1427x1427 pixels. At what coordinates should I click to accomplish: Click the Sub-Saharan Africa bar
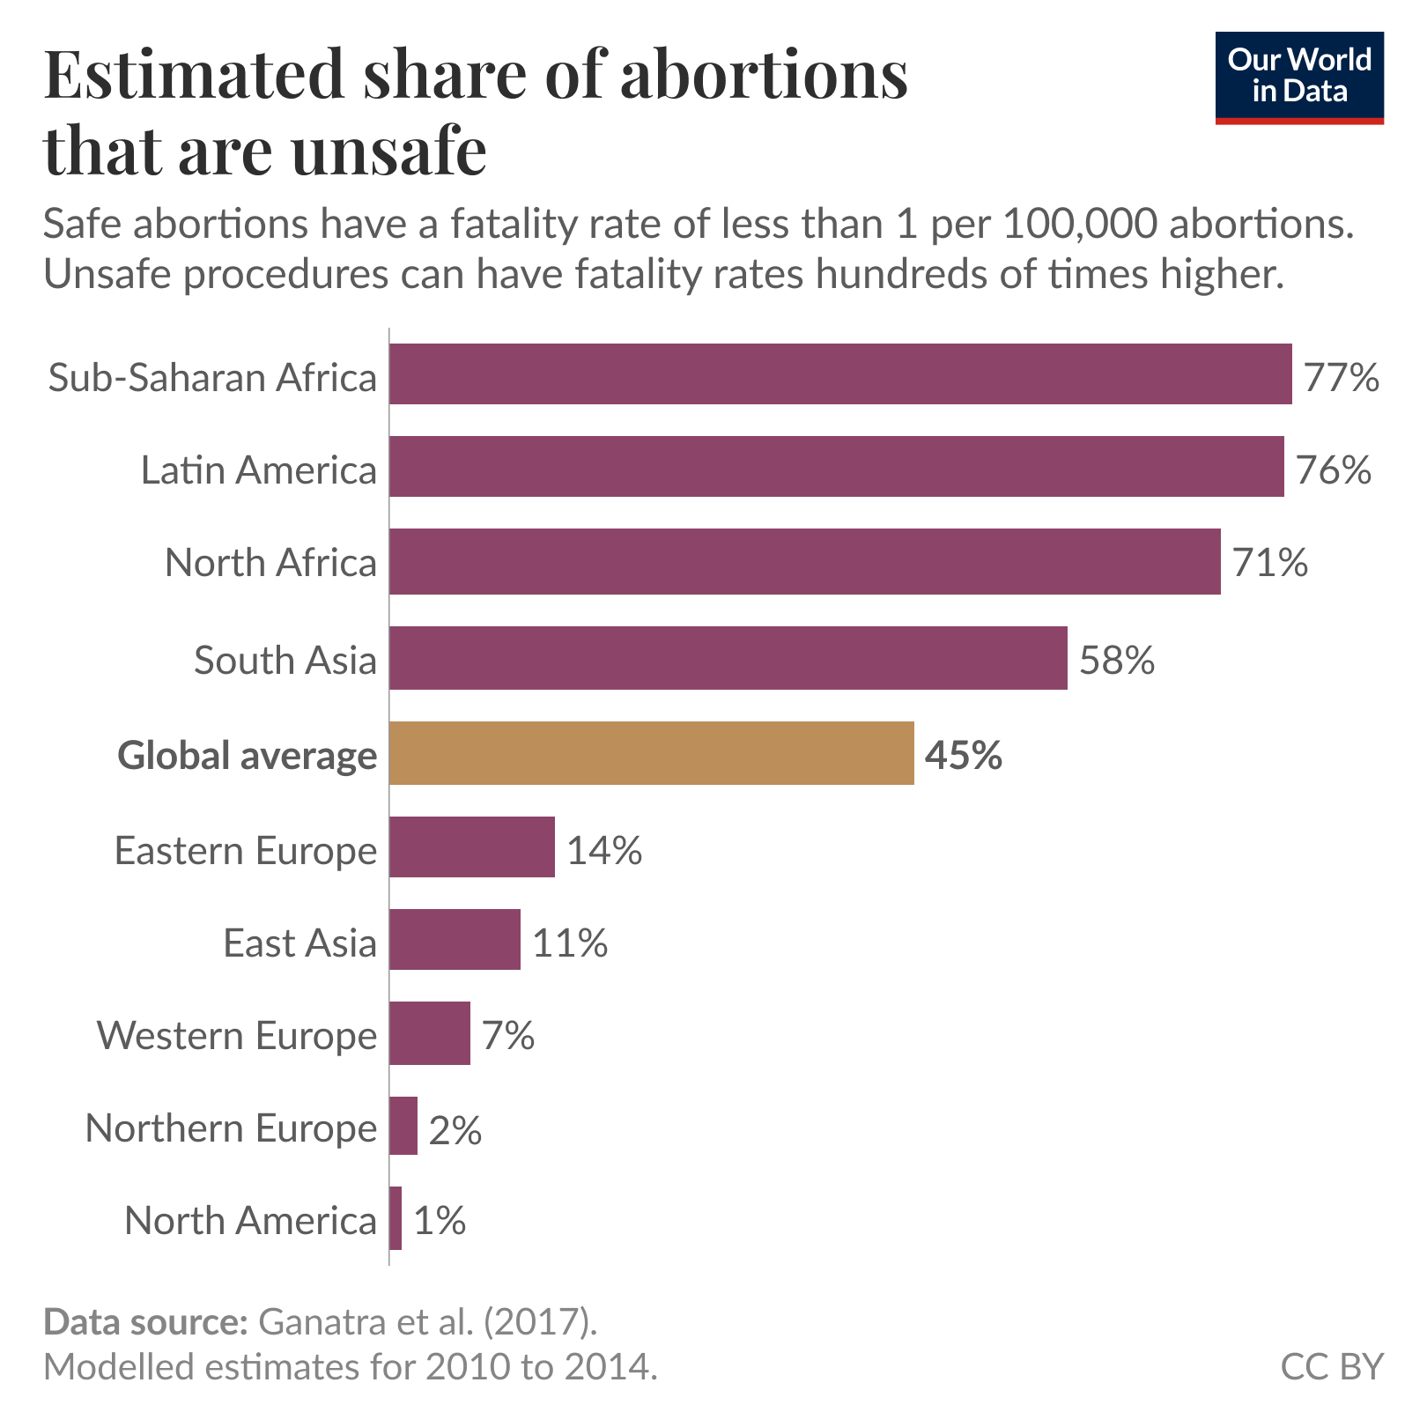840,374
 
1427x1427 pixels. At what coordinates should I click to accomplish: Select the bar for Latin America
837,466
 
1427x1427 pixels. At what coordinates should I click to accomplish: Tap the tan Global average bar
652,753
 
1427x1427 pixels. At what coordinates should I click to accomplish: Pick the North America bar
396,1218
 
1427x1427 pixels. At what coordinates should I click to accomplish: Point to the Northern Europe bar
403,1126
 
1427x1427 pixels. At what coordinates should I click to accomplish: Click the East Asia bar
455,940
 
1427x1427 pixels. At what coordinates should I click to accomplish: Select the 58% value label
1117,660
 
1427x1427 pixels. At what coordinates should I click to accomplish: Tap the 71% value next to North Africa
1270,562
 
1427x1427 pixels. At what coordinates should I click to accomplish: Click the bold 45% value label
964,756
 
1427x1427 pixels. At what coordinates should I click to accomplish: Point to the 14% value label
604,851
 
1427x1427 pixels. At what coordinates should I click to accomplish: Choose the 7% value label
508,1035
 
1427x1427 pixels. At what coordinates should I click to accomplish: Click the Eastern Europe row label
246,851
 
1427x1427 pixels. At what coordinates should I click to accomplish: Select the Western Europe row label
237,1035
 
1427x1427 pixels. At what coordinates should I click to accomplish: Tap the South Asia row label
285,660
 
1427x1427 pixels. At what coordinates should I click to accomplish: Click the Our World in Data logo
1299,78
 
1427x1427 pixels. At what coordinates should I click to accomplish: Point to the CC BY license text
1332,1366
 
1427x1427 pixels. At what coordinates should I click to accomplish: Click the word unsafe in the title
388,151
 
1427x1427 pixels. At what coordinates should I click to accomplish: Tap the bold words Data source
145,1323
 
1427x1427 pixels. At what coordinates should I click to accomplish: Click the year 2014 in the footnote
609,1366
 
